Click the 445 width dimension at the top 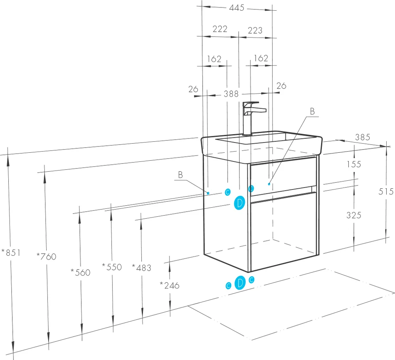click(237, 8)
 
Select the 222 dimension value click(220, 29)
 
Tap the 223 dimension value click(255, 30)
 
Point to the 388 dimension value click(231, 94)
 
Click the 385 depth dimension click(363, 137)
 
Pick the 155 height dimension click(354, 164)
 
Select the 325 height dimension click(354, 215)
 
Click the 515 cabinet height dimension click(386, 191)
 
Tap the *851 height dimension click(11, 252)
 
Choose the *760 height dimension click(46, 256)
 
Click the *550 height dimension click(112, 267)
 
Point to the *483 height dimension click(141, 268)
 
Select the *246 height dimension click(169, 285)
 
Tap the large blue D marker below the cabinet click(240, 283)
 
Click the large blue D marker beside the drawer click(239, 202)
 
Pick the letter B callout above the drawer click(312, 111)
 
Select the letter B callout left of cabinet click(181, 175)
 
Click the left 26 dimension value click(193, 89)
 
